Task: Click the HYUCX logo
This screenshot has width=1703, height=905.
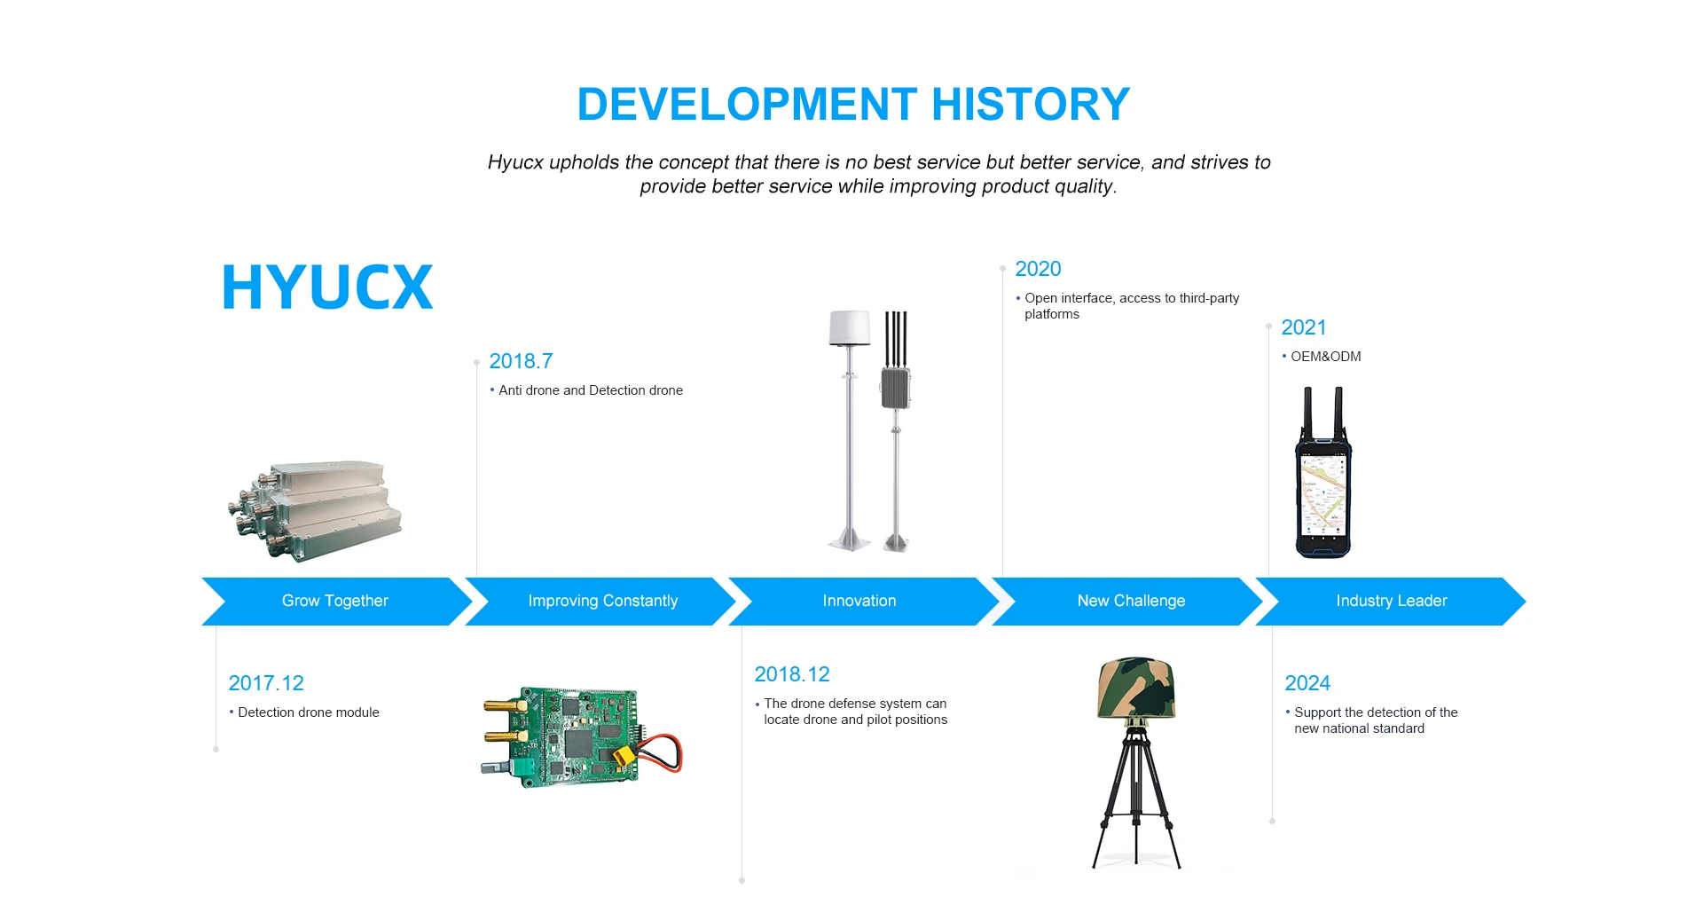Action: [x=327, y=287]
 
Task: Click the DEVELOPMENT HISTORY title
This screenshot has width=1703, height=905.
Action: [x=853, y=104]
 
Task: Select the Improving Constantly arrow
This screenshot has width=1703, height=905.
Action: [x=600, y=602]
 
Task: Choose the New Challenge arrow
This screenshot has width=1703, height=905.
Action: [x=1127, y=602]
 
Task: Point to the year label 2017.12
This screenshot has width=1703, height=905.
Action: [x=266, y=683]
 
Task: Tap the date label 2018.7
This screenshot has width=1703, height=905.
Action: [x=521, y=361]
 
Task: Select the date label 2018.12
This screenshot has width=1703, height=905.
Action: [x=792, y=674]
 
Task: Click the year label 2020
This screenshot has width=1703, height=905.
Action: [x=1038, y=269]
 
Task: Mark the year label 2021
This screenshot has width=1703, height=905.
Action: [x=1304, y=327]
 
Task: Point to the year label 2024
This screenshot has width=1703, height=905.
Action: [x=1307, y=683]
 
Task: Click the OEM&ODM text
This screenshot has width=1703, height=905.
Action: [x=1325, y=357]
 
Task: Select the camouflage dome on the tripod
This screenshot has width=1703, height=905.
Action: [x=1136, y=689]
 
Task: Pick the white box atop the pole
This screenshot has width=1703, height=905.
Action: [x=849, y=327]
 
